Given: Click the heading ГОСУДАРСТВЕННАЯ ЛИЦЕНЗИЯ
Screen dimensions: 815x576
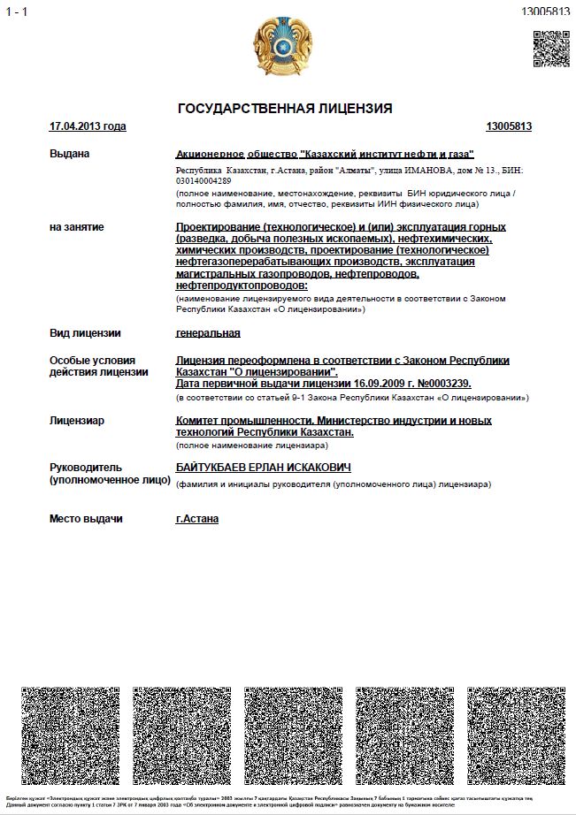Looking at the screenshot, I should pyautogui.click(x=285, y=109).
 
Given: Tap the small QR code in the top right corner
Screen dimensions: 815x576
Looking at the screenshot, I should pyautogui.click(x=550, y=50).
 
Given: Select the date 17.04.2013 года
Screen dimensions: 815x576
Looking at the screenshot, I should pyautogui.click(x=88, y=126).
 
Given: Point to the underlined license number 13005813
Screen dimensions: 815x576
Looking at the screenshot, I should pyautogui.click(x=509, y=126).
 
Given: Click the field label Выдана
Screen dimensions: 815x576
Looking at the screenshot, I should pyautogui.click(x=70, y=154).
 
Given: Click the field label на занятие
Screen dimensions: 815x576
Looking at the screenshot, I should pyautogui.click(x=77, y=227).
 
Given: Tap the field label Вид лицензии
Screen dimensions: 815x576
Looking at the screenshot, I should pyautogui.click(x=85, y=333).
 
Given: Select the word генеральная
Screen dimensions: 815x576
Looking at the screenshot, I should pyautogui.click(x=208, y=333).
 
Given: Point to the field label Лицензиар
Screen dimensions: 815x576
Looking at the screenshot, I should pyautogui.click(x=77, y=421).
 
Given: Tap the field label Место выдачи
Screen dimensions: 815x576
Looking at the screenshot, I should pyautogui.click(x=86, y=519).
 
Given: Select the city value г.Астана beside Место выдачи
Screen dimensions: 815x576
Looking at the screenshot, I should pyautogui.click(x=197, y=519).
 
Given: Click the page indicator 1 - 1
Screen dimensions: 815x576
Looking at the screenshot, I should pyautogui.click(x=17, y=11).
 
